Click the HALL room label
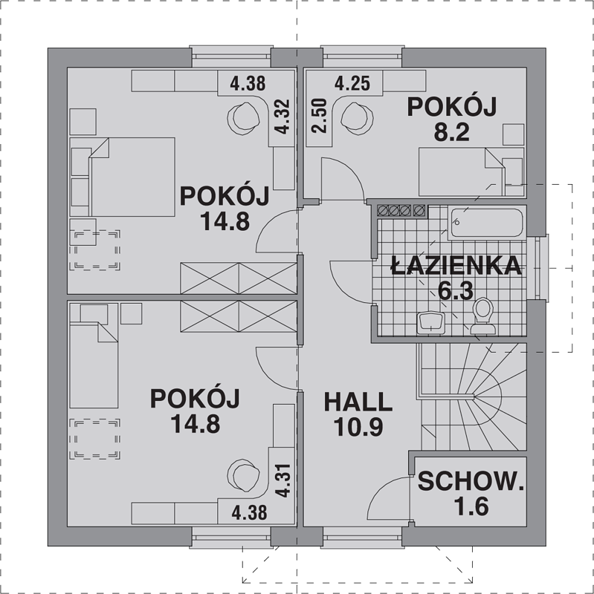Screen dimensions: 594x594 358,402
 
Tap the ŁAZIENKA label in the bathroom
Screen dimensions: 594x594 456,265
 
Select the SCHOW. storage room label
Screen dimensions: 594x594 471,481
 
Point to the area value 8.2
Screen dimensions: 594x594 452,132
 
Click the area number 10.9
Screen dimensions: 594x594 358,427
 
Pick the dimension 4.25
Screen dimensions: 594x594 352,83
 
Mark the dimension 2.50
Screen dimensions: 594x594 319,116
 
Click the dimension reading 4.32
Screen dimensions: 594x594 283,117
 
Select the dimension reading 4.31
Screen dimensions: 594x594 283,480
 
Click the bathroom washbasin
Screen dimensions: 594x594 431,323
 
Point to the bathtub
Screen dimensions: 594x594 487,223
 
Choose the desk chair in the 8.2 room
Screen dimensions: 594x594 357,119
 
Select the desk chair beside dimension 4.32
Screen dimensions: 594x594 244,119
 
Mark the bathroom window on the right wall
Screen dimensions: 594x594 543,267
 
